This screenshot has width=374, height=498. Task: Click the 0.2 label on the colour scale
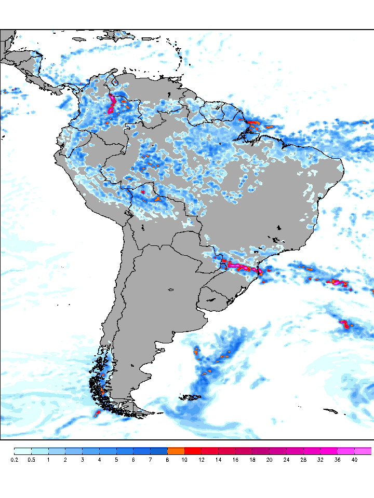(14, 460)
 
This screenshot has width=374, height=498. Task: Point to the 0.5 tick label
(31, 460)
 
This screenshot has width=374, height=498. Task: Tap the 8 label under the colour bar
(167, 460)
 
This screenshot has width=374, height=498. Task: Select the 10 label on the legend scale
(184, 460)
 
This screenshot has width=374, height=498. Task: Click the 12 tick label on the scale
(201, 460)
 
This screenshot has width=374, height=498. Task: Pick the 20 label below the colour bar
(269, 460)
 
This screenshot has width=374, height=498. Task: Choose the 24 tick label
(286, 460)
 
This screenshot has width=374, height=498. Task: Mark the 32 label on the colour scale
(320, 460)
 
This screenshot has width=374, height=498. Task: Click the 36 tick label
(337, 460)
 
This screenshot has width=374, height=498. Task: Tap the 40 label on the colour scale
(354, 460)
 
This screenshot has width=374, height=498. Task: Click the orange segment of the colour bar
(176, 451)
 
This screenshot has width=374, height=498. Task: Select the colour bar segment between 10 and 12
(193, 451)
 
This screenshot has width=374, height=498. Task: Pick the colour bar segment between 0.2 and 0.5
(23, 451)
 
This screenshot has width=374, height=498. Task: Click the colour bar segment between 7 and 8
(159, 451)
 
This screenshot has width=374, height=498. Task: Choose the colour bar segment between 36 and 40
(346, 451)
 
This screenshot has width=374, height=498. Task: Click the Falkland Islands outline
(191, 398)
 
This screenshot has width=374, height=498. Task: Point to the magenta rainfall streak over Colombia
(111, 104)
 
